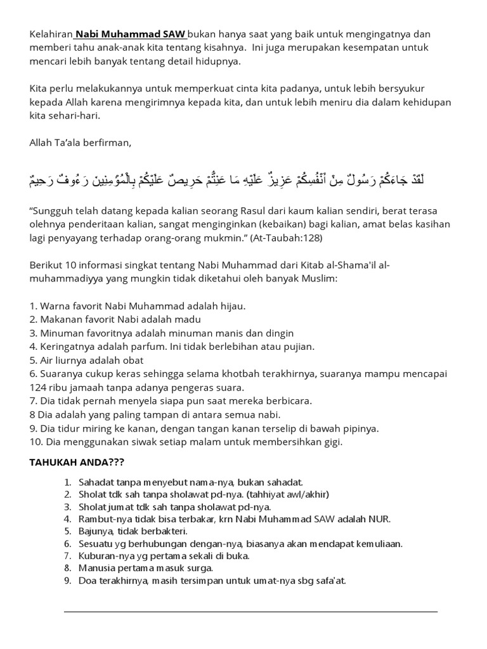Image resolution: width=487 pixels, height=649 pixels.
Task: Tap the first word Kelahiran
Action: tap(51, 34)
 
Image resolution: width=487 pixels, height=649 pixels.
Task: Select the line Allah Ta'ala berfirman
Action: tap(81, 143)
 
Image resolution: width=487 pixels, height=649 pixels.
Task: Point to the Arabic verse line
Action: tap(226, 180)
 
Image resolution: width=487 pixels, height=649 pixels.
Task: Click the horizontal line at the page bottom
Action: tap(250, 612)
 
